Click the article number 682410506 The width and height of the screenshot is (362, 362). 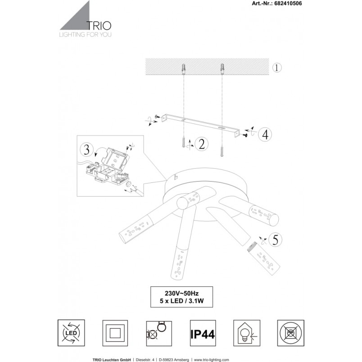(288, 4)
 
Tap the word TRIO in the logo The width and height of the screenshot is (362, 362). (99, 26)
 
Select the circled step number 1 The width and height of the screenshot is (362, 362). (277, 68)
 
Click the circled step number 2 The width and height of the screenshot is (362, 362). (202, 144)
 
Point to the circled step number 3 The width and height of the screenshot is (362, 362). (86, 149)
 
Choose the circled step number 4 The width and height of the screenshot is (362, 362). (265, 135)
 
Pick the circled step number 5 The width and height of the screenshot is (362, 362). (275, 240)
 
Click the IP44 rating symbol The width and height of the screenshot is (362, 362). (203, 333)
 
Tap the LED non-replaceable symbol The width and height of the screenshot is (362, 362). (71, 333)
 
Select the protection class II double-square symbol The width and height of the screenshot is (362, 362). (115, 333)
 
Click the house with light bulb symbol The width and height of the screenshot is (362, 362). (247, 333)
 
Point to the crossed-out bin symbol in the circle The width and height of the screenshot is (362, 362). (291, 333)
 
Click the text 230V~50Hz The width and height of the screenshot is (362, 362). (181, 294)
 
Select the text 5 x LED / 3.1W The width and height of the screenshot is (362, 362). (181, 301)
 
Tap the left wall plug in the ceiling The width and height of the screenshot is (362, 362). (184, 69)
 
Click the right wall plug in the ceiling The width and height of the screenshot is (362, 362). (222, 69)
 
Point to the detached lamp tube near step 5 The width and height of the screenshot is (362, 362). (264, 258)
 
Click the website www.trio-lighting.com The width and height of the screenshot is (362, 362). (211, 360)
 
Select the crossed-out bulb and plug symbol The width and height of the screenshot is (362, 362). (159, 333)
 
